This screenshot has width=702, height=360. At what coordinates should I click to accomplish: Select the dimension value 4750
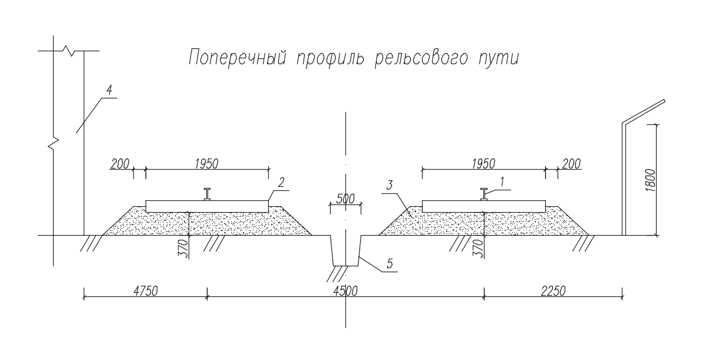click(145, 290)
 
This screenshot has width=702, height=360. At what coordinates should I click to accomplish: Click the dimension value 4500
click(345, 290)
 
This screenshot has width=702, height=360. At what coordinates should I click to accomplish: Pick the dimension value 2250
click(552, 290)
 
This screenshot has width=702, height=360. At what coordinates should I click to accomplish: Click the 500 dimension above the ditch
click(345, 199)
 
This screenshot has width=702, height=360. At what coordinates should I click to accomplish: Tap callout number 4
click(108, 90)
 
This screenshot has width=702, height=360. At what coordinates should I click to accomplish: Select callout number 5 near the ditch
click(390, 265)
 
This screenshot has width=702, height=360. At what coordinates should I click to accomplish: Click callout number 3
click(390, 184)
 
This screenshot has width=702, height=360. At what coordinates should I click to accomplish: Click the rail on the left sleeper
click(207, 194)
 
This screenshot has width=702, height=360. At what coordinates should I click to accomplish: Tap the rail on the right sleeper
click(484, 194)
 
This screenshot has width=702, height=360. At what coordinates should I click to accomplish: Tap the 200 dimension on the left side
click(119, 163)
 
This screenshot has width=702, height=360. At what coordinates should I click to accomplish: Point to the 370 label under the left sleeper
click(183, 248)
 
